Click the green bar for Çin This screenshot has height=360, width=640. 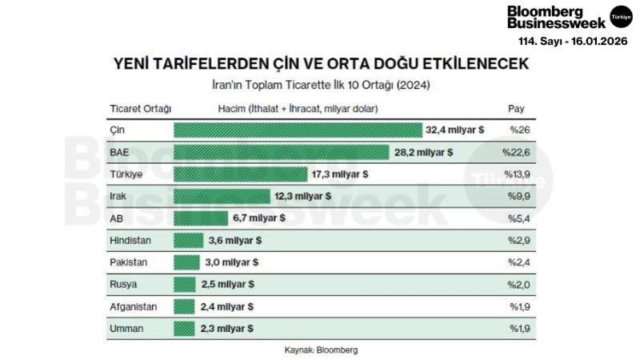pyautogui.click(x=297, y=130)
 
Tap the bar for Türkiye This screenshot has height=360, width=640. pyautogui.click(x=240, y=174)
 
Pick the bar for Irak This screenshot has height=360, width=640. pyautogui.click(x=222, y=195)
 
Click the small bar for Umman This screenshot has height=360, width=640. pyautogui.click(x=184, y=328)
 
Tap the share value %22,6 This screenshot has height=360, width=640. pyautogui.click(x=517, y=151)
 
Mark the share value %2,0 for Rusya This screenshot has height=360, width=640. pyautogui.click(x=519, y=284)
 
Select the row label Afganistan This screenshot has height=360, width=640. pyautogui.click(x=133, y=306)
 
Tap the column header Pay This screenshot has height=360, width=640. pyautogui.click(x=516, y=108)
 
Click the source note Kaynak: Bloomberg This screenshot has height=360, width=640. pyautogui.click(x=321, y=350)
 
